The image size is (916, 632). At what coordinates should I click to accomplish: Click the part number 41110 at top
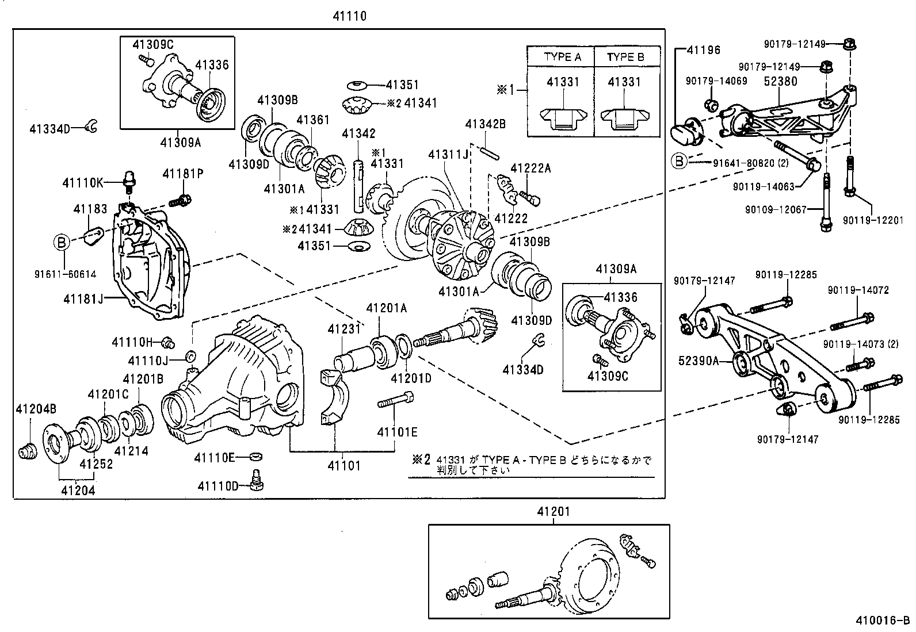point(349,16)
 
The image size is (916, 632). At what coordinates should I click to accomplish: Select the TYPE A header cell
point(562,58)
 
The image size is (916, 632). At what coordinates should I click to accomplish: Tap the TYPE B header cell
point(625,58)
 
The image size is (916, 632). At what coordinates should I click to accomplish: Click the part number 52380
point(780,81)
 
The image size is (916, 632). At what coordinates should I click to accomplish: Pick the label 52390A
point(699,361)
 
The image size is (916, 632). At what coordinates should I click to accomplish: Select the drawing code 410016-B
point(884,620)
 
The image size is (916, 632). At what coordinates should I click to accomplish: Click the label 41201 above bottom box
point(554,511)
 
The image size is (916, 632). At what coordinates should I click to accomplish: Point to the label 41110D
point(218,486)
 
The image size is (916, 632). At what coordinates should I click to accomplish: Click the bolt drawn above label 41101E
point(395,400)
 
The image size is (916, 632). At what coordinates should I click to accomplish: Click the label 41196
point(702,51)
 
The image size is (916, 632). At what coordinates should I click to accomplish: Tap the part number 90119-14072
point(858,290)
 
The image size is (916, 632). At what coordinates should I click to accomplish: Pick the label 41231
point(343,329)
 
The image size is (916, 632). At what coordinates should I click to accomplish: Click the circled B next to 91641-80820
point(680,162)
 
